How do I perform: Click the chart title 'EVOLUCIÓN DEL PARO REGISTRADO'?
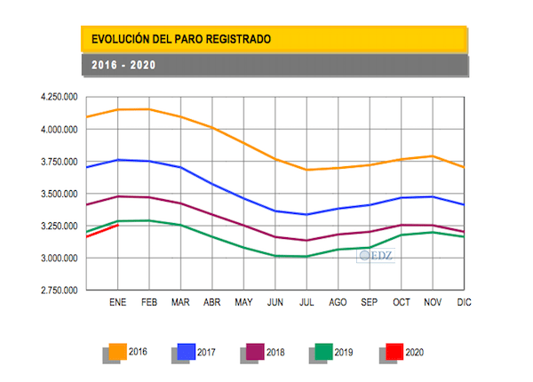click(176, 40)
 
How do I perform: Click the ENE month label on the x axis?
click(118, 303)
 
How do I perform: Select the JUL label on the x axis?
click(307, 303)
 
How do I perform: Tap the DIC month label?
click(463, 303)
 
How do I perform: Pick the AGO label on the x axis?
click(338, 303)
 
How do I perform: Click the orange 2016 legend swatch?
click(117, 353)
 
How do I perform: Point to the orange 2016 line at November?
click(434, 156)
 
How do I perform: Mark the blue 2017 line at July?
click(307, 214)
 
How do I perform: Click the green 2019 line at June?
click(276, 256)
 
